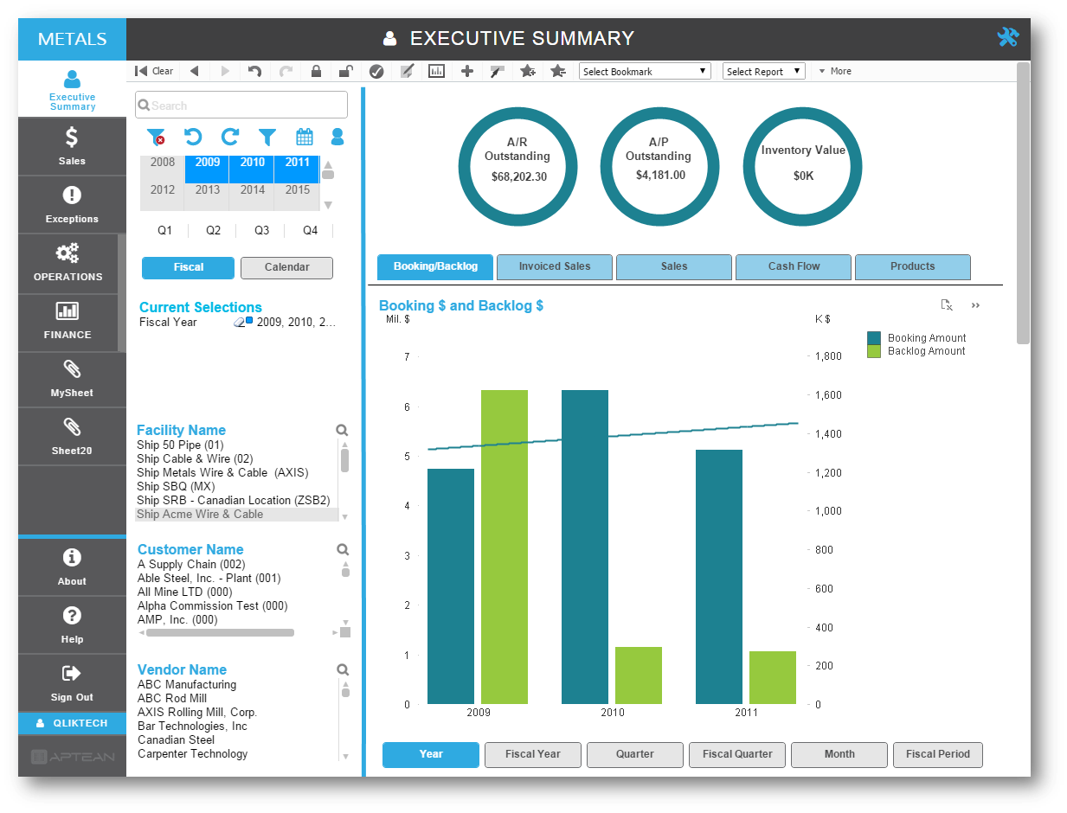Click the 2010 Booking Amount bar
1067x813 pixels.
click(x=585, y=547)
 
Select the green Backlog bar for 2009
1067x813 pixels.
click(x=505, y=547)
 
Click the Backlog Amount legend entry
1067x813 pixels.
click(x=926, y=351)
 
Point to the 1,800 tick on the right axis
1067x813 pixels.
click(x=829, y=356)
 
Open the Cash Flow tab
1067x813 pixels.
click(x=794, y=266)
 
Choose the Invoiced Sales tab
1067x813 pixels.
click(x=555, y=266)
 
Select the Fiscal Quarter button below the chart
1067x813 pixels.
click(x=737, y=754)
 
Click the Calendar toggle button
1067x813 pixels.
click(x=286, y=267)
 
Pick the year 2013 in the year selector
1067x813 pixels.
click(x=208, y=190)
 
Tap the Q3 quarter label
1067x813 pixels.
click(x=261, y=231)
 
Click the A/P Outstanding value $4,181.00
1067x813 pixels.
click(x=660, y=176)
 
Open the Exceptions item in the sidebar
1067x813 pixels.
click(x=72, y=205)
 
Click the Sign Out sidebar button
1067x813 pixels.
click(x=72, y=683)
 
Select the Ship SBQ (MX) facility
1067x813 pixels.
click(x=176, y=486)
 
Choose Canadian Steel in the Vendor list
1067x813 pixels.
click(x=176, y=739)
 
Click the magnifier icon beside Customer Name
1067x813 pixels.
click(x=343, y=549)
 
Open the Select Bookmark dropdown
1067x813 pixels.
click(x=645, y=72)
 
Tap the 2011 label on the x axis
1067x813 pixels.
click(x=746, y=713)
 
